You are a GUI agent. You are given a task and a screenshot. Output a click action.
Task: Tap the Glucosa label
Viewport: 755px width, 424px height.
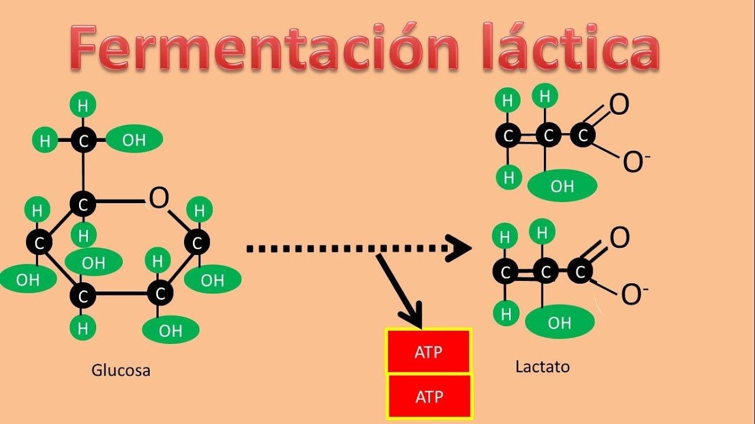[x=121, y=370]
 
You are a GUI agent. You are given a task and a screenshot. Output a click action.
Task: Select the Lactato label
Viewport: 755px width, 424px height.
[x=543, y=367]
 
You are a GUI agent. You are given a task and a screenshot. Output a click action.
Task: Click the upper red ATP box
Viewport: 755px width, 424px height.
[x=429, y=352]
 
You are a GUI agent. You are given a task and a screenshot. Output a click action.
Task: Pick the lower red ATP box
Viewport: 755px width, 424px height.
[x=429, y=397]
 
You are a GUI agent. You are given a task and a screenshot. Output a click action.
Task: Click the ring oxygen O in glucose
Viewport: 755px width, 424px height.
[x=159, y=199]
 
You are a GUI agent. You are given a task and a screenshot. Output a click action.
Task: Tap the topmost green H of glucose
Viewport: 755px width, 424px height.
[x=83, y=106]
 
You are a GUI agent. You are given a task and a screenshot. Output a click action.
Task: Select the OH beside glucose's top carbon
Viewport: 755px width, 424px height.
[x=134, y=140]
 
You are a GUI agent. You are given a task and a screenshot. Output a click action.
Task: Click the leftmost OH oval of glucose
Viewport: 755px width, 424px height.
[x=27, y=280]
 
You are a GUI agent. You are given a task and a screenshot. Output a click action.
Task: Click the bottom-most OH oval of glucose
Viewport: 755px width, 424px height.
[x=170, y=330]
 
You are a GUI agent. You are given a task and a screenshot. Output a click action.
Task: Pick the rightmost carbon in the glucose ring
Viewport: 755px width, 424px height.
[x=197, y=242]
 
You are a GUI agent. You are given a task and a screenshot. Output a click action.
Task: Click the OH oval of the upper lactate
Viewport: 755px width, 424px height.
[x=562, y=186]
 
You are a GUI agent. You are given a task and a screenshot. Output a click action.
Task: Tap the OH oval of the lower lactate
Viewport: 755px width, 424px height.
[x=559, y=322]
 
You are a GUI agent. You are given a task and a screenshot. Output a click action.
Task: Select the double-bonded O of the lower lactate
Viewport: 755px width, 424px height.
[x=619, y=238]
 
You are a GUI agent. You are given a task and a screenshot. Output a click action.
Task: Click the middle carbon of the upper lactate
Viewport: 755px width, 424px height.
[x=549, y=136]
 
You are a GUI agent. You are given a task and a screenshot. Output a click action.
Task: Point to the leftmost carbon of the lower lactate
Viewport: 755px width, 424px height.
[x=505, y=272]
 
